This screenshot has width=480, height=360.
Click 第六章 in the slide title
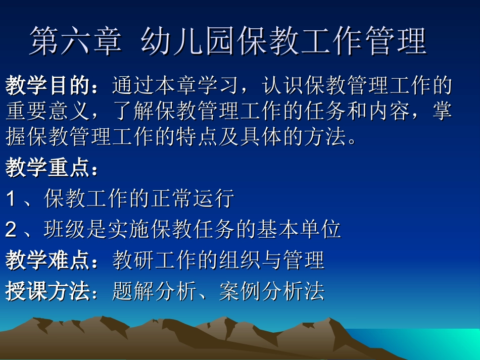point(75,41)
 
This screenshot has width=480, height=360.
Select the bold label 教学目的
point(47,86)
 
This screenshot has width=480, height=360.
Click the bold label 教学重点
point(47,168)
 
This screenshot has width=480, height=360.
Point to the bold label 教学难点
point(47,261)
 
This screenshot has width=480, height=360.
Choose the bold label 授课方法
point(47,291)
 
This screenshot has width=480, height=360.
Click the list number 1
point(11,199)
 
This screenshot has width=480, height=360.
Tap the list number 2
point(11,230)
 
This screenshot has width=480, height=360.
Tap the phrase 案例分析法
point(272,291)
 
